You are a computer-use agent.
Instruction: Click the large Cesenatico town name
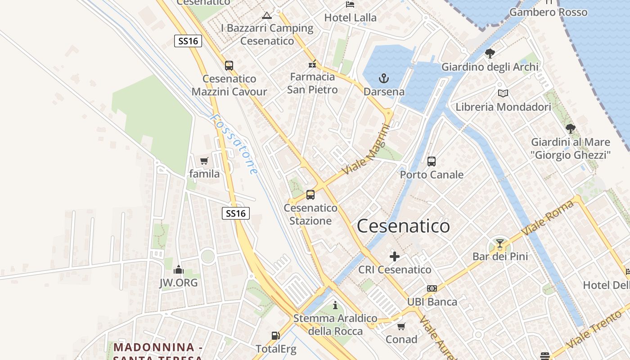(403, 226)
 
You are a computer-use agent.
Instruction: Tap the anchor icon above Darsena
(383, 79)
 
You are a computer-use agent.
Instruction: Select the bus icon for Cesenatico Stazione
(310, 195)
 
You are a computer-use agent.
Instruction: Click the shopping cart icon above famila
(204, 161)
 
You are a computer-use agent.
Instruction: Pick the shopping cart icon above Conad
(401, 326)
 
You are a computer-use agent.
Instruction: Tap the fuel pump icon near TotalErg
(275, 336)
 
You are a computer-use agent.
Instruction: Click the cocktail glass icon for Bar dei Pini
(499, 244)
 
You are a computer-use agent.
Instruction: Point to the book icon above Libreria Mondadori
(503, 94)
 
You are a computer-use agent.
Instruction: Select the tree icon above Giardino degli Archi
(490, 54)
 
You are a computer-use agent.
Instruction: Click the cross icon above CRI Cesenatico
(395, 256)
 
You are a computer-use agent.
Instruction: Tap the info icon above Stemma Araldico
(335, 306)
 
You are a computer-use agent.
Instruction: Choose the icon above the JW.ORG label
(179, 270)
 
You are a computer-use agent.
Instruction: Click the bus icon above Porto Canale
(432, 161)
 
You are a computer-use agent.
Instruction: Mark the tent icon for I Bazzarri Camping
(267, 16)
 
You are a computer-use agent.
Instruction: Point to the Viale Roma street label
(548, 218)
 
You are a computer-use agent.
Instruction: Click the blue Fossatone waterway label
(234, 144)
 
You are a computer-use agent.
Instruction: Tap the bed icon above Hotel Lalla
(350, 4)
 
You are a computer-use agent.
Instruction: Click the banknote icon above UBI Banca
(432, 288)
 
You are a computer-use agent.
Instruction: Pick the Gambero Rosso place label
(548, 12)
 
